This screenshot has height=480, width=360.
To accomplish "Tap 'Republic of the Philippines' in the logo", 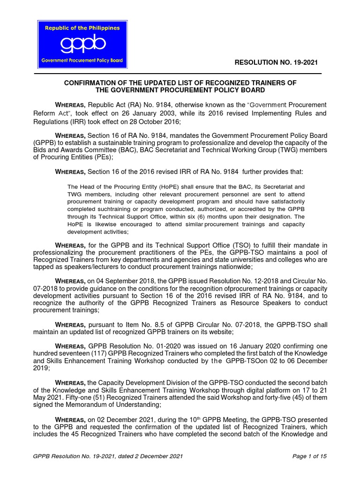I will [82, 28].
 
